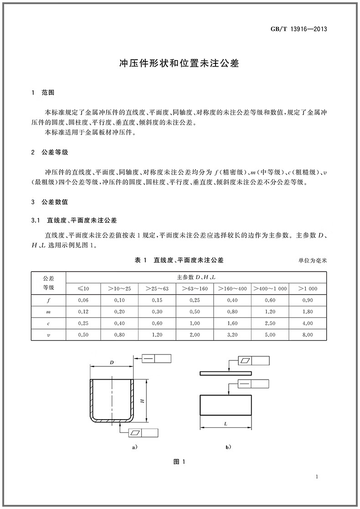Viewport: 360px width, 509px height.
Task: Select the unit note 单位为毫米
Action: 313,261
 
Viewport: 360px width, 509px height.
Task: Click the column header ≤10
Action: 83,288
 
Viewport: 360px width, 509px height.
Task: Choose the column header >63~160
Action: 195,288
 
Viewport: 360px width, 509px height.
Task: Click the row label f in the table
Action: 48,300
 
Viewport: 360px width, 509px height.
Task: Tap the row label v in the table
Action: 48,335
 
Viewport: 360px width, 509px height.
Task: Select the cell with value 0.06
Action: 83,300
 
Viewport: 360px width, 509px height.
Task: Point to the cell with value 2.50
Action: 270,323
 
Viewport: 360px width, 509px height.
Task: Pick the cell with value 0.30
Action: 157,312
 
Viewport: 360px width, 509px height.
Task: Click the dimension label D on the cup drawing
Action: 112,362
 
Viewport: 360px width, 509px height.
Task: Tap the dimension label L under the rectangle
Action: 226,423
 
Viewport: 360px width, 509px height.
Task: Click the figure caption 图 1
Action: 179,462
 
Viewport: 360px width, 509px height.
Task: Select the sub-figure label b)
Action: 228,447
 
